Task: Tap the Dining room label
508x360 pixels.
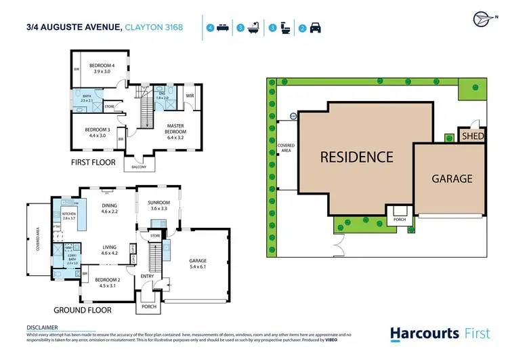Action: coord(109,209)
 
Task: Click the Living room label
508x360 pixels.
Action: coord(109,250)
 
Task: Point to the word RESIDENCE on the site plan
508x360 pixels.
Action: coord(356,157)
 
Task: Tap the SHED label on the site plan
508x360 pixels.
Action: coord(471,136)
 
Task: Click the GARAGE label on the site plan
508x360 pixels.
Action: coord(452,179)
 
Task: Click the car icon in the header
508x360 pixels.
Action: coord(316,28)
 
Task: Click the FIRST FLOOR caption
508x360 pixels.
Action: coord(93,163)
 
